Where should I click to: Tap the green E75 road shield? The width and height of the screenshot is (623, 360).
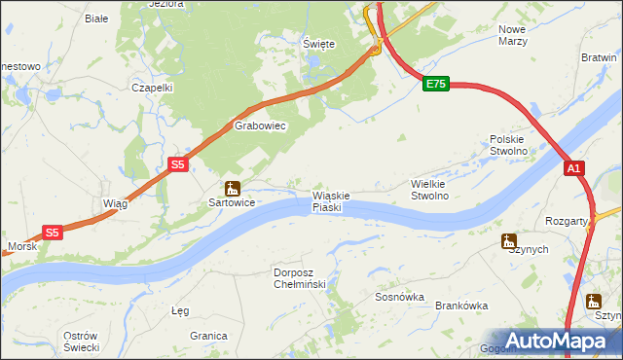pyautogui.click(x=435, y=85)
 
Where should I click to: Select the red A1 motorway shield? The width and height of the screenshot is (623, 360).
pyautogui.click(x=574, y=169)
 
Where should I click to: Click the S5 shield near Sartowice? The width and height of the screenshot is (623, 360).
pyautogui.click(x=177, y=165)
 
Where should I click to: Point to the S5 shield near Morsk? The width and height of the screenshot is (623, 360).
pyautogui.click(x=53, y=233)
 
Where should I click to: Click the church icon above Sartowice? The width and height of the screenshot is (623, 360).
pyautogui.click(x=232, y=188)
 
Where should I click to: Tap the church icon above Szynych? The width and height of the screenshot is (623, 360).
pyautogui.click(x=508, y=240)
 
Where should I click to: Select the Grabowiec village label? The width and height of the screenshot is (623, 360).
pyautogui.click(x=258, y=126)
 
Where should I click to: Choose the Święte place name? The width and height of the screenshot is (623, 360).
pyautogui.click(x=318, y=45)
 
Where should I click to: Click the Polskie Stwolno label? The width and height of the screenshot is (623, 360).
pyautogui.click(x=508, y=145)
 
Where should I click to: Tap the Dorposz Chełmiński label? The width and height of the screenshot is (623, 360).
pyautogui.click(x=305, y=277)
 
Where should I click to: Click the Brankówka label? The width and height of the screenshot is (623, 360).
pyautogui.click(x=461, y=306)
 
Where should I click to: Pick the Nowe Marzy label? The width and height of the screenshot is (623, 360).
pyautogui.click(x=512, y=36)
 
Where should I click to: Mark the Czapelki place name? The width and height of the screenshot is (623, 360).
pyautogui.click(x=152, y=87)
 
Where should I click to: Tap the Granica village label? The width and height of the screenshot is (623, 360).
pyautogui.click(x=208, y=335)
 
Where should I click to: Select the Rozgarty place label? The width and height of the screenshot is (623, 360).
pyautogui.click(x=567, y=221)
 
